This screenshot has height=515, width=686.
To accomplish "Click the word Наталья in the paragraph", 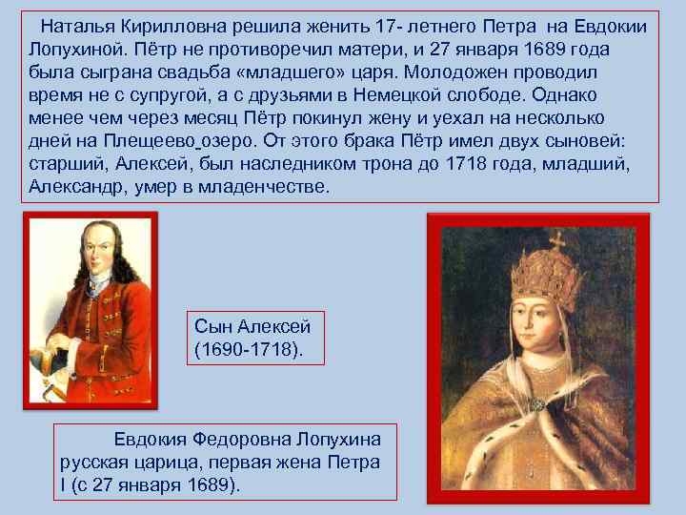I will point(73,25).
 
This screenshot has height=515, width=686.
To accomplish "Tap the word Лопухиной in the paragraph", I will point(73,48).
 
